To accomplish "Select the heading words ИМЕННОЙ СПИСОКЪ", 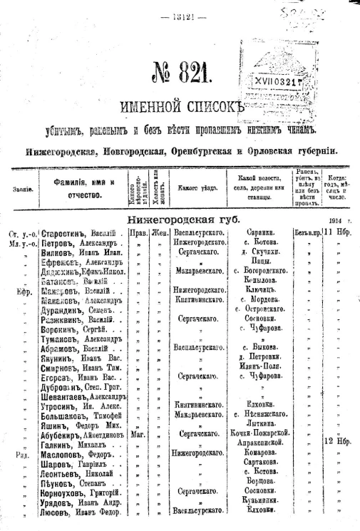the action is pyautogui.click(x=182, y=108).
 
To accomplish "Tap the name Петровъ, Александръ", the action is pyautogui.click(x=74, y=242).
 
